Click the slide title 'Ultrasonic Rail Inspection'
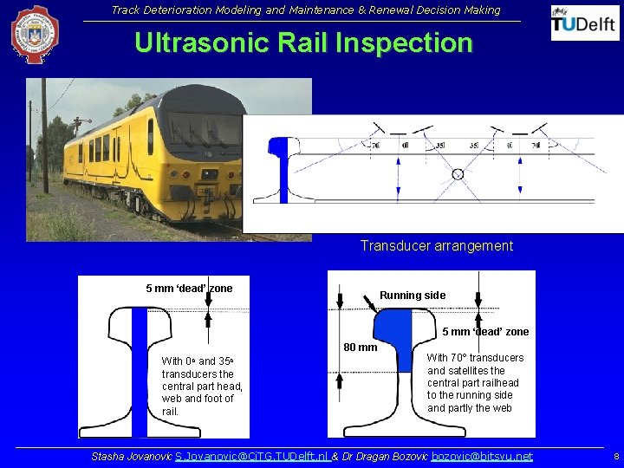pos(303,43)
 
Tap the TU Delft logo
pos(585,23)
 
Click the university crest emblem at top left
pos(35,35)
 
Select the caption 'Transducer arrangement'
pos(436,246)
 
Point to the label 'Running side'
pos(413,296)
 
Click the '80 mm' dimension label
pos(361,348)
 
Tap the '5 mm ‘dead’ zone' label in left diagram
pos(189,289)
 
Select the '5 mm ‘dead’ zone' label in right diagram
pos(485,332)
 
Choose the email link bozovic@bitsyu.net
pos(482,457)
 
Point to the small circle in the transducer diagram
pos(458,174)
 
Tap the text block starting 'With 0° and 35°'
pos(202,387)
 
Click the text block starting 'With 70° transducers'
pos(475,383)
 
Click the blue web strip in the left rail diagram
pos(140,373)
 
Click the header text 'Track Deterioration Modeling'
pos(305,10)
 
